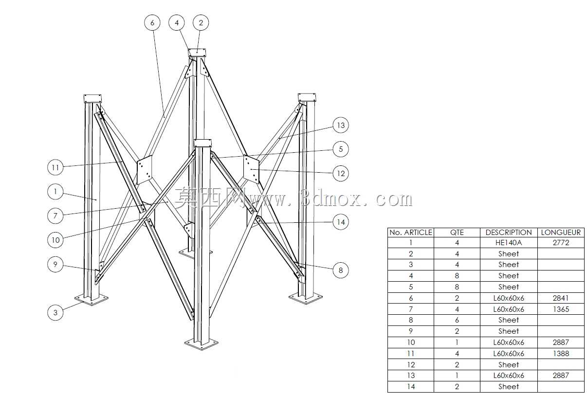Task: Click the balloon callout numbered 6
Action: click(152, 23)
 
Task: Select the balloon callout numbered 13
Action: click(341, 125)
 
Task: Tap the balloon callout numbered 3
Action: click(55, 312)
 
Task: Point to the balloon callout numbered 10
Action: click(55, 240)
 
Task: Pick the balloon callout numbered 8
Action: click(341, 270)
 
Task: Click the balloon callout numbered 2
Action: click(201, 23)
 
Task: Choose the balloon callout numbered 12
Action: click(341, 173)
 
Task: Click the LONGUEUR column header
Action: click(561, 233)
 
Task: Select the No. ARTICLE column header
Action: click(411, 233)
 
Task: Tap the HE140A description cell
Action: click(509, 243)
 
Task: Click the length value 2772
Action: click(561, 243)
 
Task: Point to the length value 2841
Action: click(561, 298)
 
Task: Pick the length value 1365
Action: click(561, 309)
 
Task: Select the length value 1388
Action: click(561, 354)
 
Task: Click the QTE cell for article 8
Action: click(457, 320)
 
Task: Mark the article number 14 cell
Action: click(411, 387)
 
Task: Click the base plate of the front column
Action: click(201, 343)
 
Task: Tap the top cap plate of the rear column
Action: click(197, 53)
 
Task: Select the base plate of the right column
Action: click(306, 298)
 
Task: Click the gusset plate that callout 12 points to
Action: click(251, 169)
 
